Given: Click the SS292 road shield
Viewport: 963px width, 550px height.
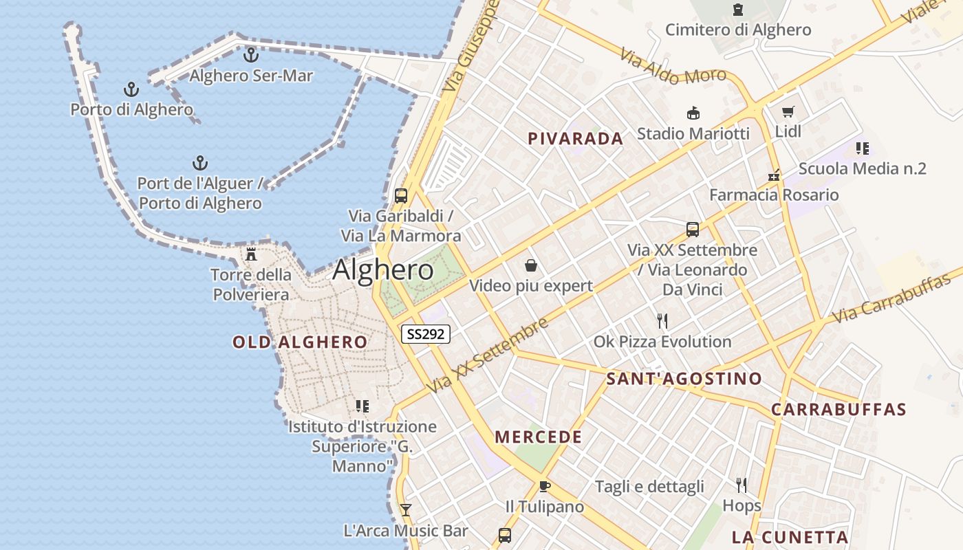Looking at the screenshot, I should coord(426,334).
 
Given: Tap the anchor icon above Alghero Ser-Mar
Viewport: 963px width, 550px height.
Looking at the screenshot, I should coord(251,54).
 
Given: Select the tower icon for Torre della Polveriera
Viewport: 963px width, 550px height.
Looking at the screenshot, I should coord(251,254).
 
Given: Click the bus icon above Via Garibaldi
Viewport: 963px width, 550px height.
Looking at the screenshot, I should coord(401,195).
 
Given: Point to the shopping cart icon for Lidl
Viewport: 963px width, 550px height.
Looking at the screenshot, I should coord(788,111).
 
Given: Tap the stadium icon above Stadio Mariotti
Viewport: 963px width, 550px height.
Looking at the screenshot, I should coord(693,113).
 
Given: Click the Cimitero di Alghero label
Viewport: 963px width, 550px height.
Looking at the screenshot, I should coord(738,30).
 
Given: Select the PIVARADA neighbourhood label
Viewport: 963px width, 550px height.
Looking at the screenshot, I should coord(575,138).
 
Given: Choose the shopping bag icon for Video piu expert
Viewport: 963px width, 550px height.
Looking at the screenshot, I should coord(531,265).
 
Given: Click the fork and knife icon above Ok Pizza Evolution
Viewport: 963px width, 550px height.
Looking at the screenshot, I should coord(662,320).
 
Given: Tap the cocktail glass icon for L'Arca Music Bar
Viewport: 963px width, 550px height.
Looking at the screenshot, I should coord(406,509).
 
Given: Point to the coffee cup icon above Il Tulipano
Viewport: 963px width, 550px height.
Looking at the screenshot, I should coord(545,487).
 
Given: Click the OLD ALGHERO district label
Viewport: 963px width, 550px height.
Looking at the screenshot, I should coord(299,342).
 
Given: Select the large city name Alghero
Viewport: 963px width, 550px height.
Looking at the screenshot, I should coord(383,269).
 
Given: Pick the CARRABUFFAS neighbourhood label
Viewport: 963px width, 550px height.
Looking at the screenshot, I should coord(838,410).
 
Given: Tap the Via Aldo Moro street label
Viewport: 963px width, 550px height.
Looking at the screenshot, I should coord(673,66).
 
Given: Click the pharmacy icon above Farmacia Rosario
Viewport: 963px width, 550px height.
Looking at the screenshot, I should coord(775,175).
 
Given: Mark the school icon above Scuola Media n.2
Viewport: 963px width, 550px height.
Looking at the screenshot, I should coord(863,148).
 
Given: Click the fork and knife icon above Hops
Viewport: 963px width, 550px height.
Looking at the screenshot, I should coord(742,485).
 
